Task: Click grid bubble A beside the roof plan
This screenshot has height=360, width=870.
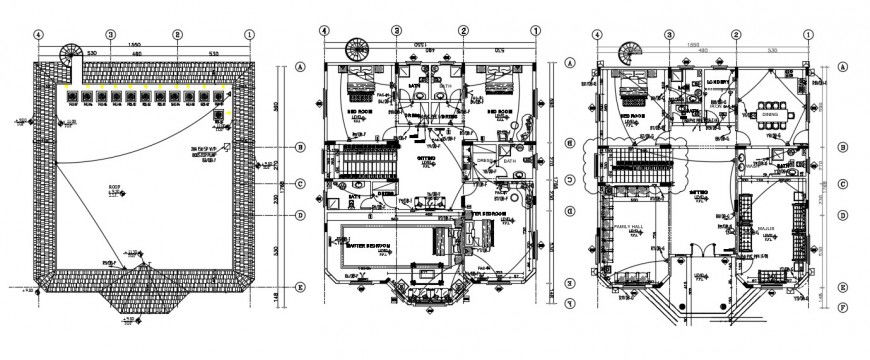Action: click(300, 68)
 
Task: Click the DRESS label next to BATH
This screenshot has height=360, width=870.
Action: click(484, 160)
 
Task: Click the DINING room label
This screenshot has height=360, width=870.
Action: click(770, 113)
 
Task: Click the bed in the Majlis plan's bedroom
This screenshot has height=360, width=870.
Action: click(632, 95)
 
